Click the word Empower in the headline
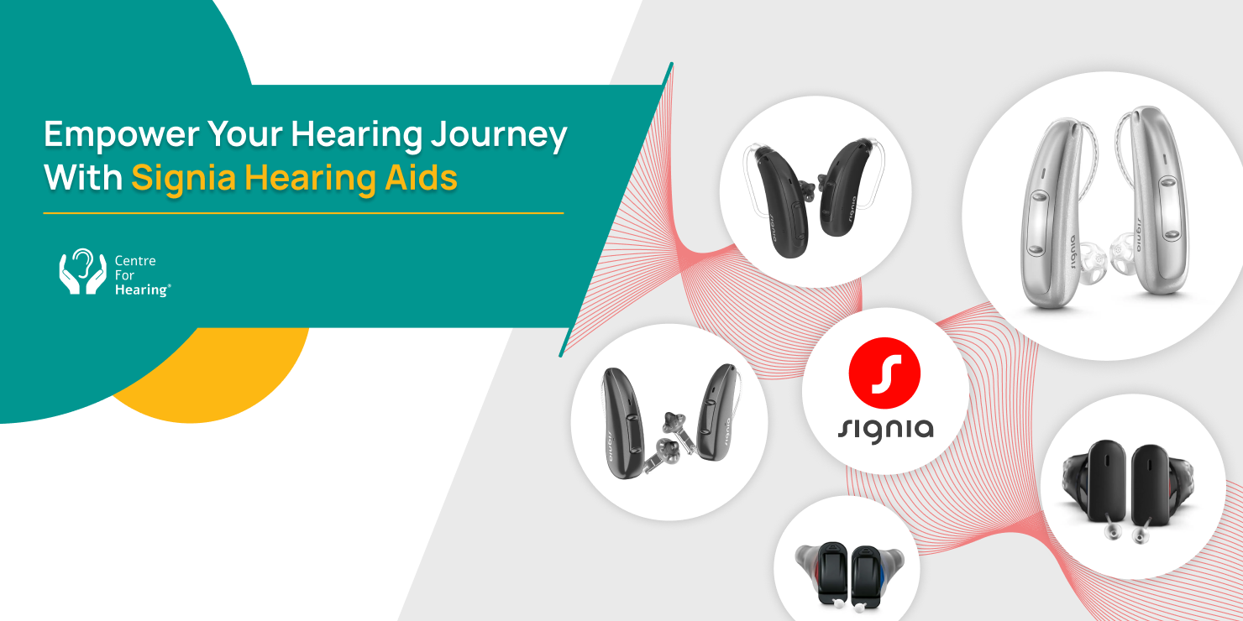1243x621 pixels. tap(122, 135)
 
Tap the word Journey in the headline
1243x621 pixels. tap(499, 135)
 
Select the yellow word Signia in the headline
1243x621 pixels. tap(184, 178)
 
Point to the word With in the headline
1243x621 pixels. tap(83, 177)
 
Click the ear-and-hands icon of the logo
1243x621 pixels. tap(82, 271)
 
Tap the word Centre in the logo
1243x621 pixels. tap(135, 261)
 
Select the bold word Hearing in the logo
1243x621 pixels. tap(142, 290)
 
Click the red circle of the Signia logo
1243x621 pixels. tap(884, 373)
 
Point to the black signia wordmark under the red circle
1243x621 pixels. tap(885, 431)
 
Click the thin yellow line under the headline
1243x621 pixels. tap(303, 213)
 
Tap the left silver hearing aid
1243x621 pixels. tap(1052, 213)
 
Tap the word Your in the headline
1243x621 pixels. tap(245, 135)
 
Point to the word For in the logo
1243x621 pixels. tap(124, 275)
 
